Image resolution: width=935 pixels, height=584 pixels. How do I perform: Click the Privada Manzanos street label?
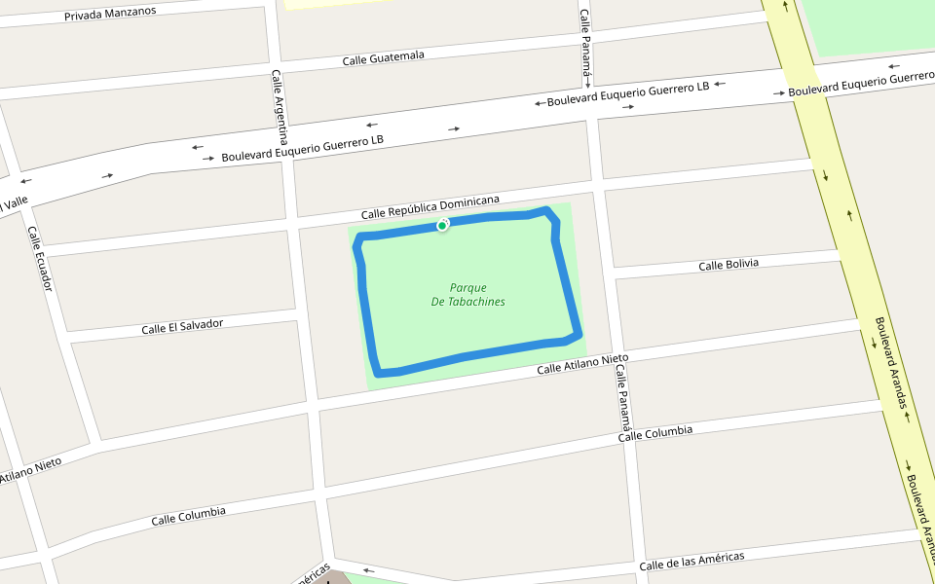click(110, 15)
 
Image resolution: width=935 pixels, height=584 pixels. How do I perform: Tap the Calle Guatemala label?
click(383, 58)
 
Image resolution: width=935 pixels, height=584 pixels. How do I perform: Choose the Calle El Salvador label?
click(182, 326)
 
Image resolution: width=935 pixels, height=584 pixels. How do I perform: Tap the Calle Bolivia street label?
click(729, 265)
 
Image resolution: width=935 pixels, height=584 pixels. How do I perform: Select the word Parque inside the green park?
click(467, 287)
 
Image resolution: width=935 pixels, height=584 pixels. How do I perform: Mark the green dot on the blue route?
click(442, 226)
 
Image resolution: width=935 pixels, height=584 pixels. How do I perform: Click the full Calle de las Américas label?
click(692, 562)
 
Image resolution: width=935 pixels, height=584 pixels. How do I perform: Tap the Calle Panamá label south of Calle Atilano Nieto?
click(624, 402)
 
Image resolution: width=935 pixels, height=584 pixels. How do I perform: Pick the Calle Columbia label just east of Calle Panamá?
click(655, 433)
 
